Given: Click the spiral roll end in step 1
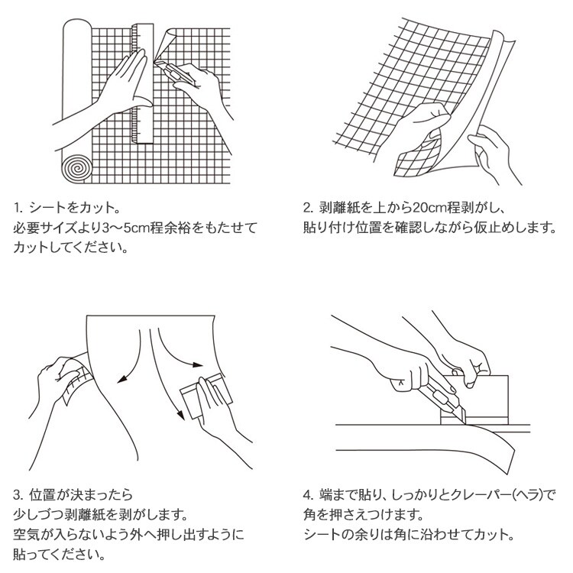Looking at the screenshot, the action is (x=77, y=169).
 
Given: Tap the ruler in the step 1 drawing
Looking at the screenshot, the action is (x=143, y=83).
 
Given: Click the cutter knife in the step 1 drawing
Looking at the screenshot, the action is (x=175, y=73).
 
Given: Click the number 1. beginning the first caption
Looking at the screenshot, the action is (x=18, y=208).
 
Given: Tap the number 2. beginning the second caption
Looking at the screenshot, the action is (x=309, y=208).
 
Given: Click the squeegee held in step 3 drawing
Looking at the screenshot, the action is (x=206, y=396).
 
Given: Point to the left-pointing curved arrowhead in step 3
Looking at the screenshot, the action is (x=122, y=379).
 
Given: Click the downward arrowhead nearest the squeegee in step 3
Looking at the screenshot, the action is (x=180, y=415).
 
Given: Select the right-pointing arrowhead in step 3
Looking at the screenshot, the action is (x=198, y=364).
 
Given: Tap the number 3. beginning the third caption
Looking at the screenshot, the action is (x=18, y=495).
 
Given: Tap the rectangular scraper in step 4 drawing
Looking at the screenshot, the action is (x=474, y=400).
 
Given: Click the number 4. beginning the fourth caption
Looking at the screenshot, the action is (x=309, y=495).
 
